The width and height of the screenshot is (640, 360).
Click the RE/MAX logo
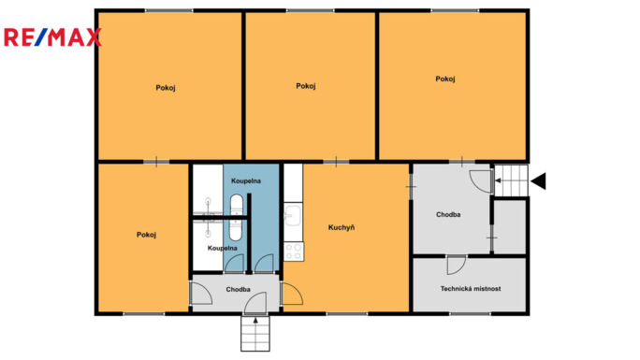tap(52, 37)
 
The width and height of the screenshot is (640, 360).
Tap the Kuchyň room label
tap(342, 227)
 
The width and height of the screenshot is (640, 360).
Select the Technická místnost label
tap(471, 289)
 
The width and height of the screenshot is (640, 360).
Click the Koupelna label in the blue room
tap(246, 180)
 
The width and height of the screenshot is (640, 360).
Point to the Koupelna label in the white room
tap(222, 248)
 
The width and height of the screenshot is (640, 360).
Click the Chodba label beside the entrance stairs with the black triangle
tap(448, 214)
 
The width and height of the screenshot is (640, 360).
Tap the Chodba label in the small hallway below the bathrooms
tap(238, 290)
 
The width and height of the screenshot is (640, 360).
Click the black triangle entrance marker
tap(538, 181)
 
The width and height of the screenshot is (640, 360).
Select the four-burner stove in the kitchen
tap(294, 252)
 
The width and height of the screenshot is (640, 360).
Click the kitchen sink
tap(293, 215)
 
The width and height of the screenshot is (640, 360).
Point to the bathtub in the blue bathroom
tap(237, 217)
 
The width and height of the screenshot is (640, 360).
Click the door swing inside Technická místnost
tap(457, 265)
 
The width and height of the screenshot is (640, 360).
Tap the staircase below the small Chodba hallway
tap(255, 334)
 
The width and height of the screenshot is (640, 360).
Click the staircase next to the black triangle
tap(512, 180)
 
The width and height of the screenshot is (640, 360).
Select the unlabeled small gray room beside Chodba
tap(510, 226)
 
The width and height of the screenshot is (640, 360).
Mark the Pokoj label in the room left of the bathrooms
tap(146, 235)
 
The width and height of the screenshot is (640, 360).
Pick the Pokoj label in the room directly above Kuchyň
tap(306, 86)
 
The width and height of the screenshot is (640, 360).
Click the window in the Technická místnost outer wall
tap(471, 313)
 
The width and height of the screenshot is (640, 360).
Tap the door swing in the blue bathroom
tap(264, 263)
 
